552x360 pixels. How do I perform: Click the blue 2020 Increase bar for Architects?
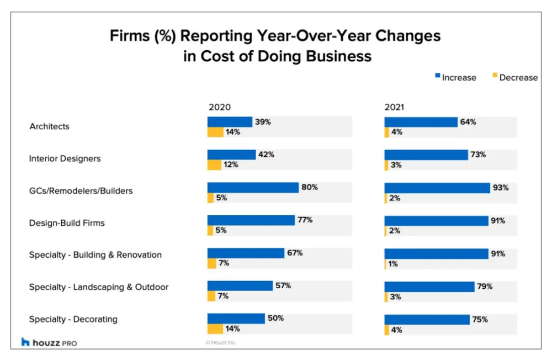(230, 122)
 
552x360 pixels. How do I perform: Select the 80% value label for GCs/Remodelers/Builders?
(310, 187)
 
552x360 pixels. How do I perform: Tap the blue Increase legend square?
(437, 76)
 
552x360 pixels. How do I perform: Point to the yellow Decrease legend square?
(495, 76)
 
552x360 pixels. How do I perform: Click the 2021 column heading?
(394, 107)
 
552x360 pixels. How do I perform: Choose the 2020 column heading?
(219, 107)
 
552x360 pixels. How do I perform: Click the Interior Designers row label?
(65, 158)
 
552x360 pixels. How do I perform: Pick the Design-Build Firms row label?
(67, 223)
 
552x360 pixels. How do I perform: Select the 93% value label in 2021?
(501, 187)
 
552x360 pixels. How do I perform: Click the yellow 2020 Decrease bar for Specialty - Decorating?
(215, 329)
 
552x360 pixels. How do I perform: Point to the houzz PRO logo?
(49, 342)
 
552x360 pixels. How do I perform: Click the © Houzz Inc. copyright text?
(221, 342)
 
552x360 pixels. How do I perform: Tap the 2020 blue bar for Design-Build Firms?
(251, 220)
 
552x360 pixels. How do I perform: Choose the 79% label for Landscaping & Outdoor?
(485, 286)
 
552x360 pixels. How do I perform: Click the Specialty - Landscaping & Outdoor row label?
(99, 287)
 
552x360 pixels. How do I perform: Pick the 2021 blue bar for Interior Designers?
(426, 155)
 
